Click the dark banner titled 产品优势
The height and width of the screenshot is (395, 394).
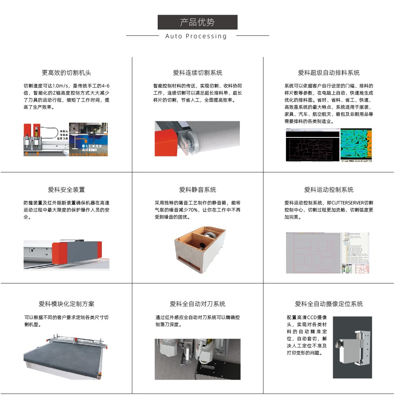coord(197,22)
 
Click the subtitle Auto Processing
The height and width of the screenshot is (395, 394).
coord(196,36)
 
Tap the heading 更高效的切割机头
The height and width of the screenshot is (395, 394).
coord(66,73)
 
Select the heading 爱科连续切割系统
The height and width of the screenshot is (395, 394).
coord(197,73)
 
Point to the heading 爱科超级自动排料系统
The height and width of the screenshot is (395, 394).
coord(329,73)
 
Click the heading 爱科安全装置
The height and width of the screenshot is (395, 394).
coord(66,190)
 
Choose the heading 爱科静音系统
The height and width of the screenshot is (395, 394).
coord(197,190)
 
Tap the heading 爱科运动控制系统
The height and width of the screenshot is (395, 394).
coord(329,190)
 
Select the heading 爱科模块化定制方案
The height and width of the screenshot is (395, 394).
coord(66,304)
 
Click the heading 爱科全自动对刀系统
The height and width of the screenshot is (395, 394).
coord(197,304)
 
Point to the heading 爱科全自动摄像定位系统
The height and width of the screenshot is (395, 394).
coord(329,304)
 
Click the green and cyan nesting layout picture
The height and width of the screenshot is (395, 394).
coord(356,145)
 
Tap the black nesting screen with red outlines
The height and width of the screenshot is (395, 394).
coord(313,146)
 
